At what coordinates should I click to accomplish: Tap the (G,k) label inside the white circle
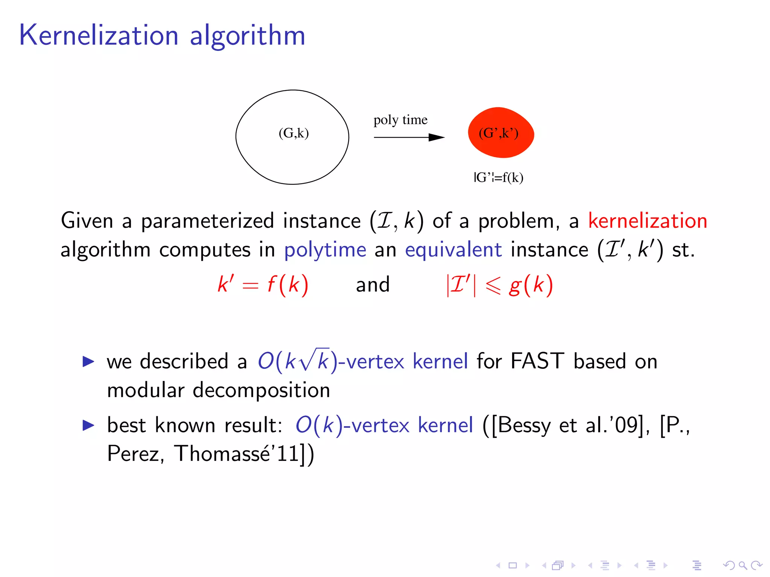(x=294, y=133)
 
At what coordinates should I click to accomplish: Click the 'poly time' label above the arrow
(x=400, y=120)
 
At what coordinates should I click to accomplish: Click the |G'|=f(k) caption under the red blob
(x=499, y=177)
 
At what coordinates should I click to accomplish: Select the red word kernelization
(x=647, y=221)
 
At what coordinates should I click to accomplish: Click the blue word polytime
(x=325, y=250)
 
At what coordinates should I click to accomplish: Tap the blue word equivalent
(x=453, y=249)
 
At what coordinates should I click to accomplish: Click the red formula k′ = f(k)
(x=263, y=284)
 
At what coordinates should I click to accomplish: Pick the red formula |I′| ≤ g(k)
(x=499, y=285)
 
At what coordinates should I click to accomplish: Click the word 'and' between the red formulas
(x=373, y=285)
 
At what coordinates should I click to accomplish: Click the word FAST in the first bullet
(x=537, y=361)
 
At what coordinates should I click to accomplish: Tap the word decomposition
(x=261, y=390)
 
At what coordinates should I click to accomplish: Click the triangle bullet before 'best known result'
(x=88, y=425)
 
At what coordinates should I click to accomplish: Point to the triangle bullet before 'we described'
(x=88, y=361)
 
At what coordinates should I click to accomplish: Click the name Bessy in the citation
(x=524, y=425)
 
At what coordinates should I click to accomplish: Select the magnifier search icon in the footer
(x=743, y=565)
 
